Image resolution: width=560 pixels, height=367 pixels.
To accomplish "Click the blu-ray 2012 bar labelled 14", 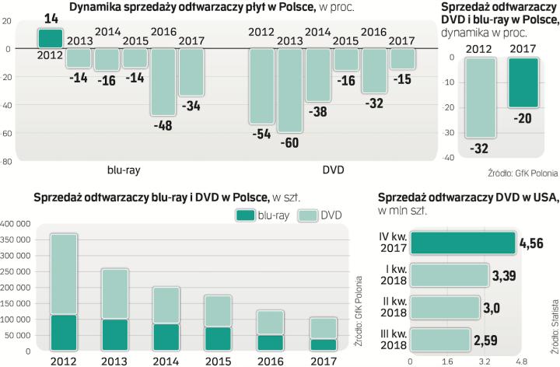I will (x=50, y=39).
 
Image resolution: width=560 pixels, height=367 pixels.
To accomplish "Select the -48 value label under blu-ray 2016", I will (x=163, y=124).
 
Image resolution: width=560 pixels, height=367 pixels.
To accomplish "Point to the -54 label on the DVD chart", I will (x=261, y=134).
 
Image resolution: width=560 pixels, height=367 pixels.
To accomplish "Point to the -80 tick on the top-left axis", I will (x=6, y=162).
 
